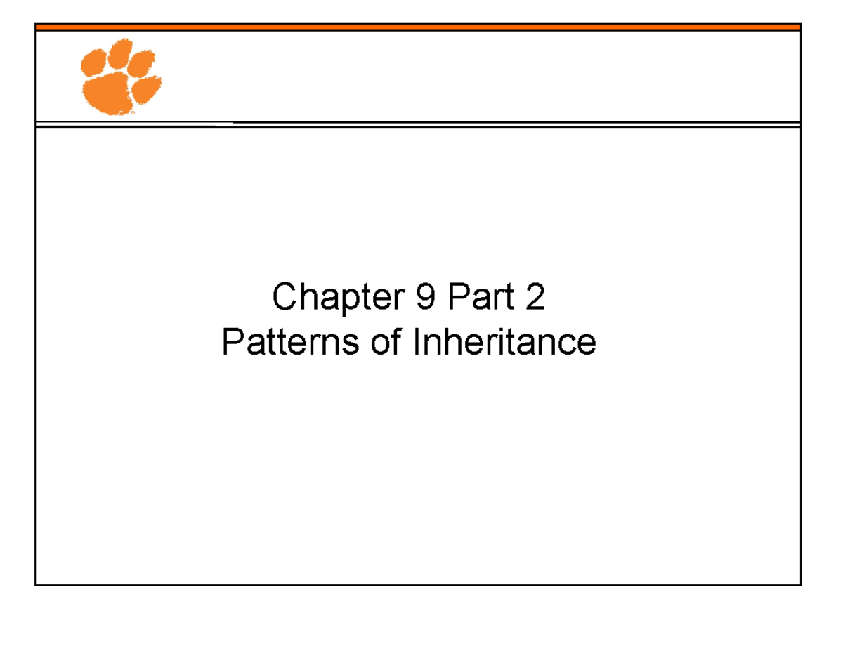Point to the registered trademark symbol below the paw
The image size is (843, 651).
tap(131, 112)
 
